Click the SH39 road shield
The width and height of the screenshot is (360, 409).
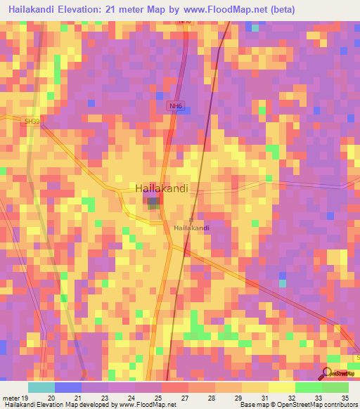click(x=31, y=121)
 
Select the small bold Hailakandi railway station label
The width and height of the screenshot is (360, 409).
click(x=191, y=228)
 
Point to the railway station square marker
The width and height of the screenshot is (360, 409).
click(x=191, y=219)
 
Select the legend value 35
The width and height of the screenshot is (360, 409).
click(x=344, y=397)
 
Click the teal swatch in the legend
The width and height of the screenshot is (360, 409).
click(x=41, y=387)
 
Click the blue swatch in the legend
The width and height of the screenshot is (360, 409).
click(x=68, y=387)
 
